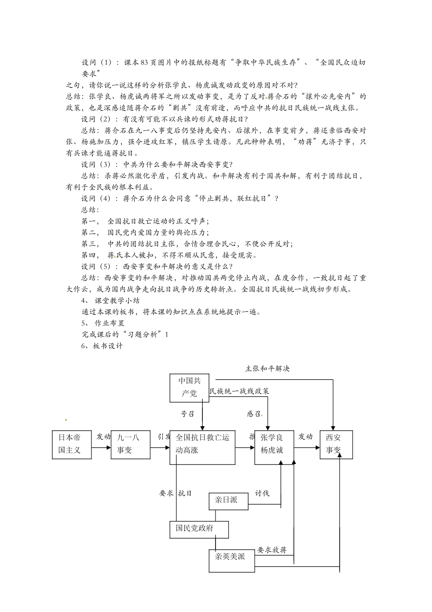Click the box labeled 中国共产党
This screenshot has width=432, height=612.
pyautogui.click(x=189, y=388)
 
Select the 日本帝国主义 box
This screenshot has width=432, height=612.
pyautogui.click(x=72, y=444)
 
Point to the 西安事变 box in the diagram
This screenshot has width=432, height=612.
pyautogui.click(x=336, y=444)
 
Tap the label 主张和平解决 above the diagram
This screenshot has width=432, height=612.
pyautogui.click(x=267, y=368)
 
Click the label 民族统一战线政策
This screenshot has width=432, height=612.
pyautogui.click(x=239, y=391)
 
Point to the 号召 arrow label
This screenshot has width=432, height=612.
pyautogui.click(x=187, y=413)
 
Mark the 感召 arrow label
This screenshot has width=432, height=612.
pyautogui.click(x=254, y=413)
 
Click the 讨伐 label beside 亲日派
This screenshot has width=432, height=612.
pyautogui.click(x=262, y=493)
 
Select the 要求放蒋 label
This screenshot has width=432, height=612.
pyautogui.click(x=272, y=550)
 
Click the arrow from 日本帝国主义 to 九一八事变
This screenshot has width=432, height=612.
pyautogui.click(x=101, y=447)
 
